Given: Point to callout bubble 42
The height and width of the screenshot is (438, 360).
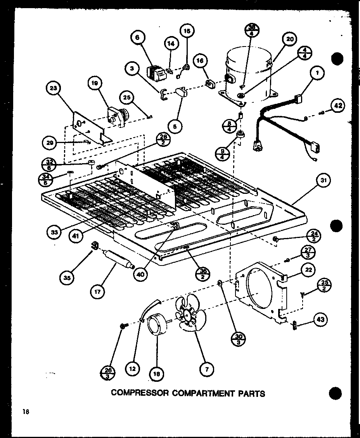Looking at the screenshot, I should click(x=337, y=105).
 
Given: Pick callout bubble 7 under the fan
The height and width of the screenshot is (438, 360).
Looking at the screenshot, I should click(x=207, y=369).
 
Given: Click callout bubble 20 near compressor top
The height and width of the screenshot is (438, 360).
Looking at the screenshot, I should click(x=290, y=39).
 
